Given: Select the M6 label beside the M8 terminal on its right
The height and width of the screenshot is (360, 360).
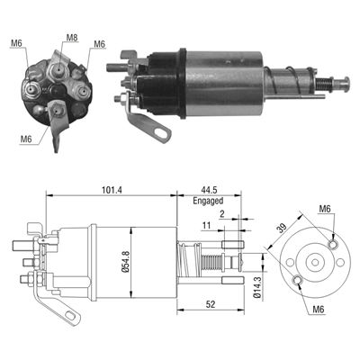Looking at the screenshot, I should [x=99, y=43].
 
